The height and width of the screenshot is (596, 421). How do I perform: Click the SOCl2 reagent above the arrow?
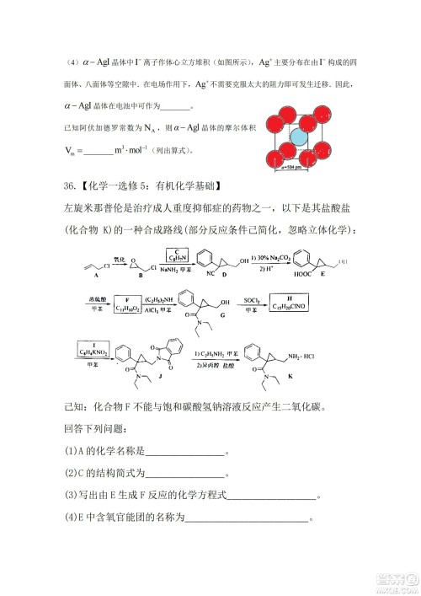(252, 299)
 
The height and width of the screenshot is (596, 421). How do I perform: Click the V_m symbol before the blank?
(70, 152)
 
